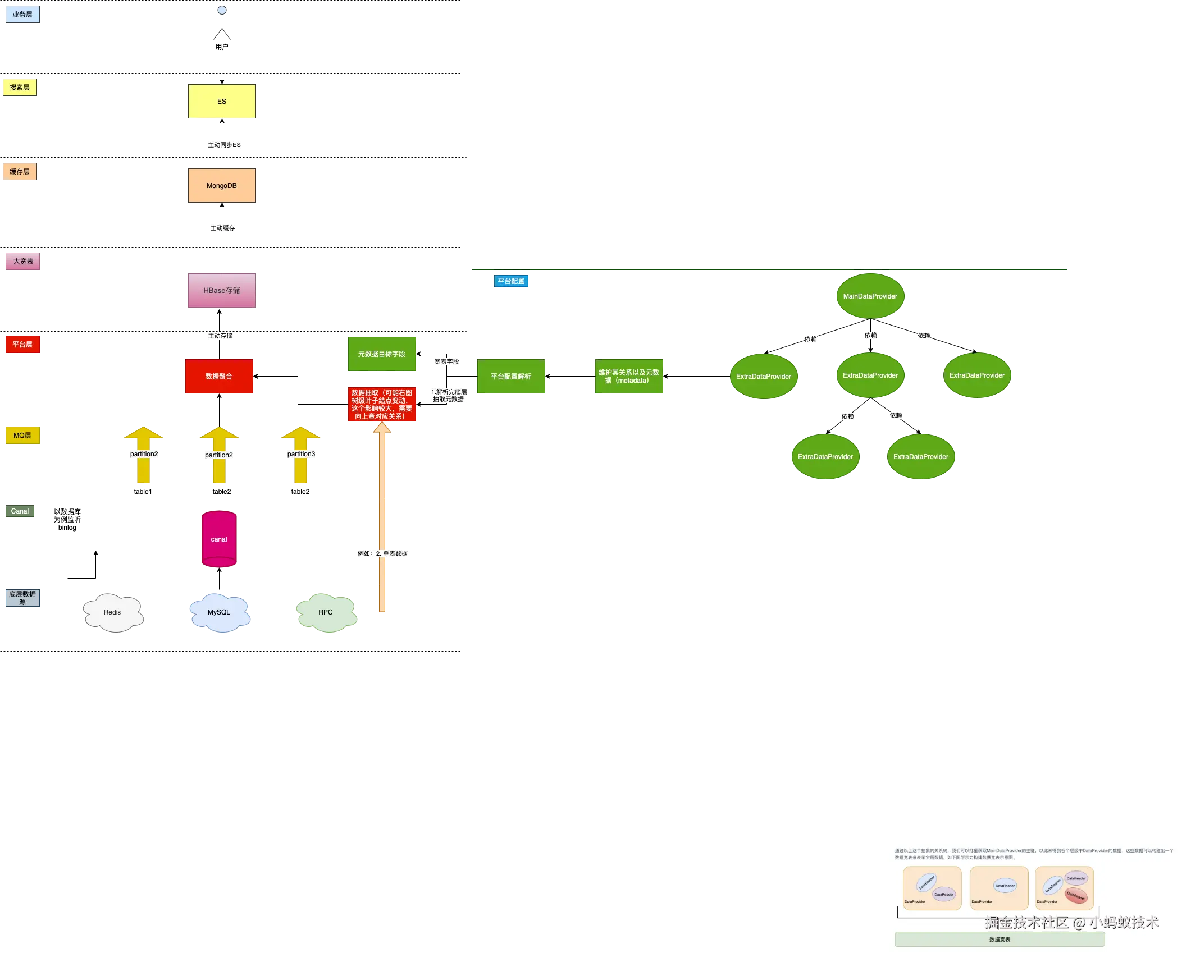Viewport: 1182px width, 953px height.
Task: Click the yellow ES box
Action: tap(221, 102)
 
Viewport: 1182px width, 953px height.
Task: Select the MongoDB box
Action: tap(221, 186)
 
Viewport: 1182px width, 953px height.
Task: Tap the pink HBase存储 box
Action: tap(221, 290)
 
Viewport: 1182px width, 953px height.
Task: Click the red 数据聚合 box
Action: tap(219, 377)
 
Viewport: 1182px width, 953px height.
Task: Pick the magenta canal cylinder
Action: tap(219, 539)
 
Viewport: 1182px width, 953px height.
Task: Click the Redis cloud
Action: tap(112, 612)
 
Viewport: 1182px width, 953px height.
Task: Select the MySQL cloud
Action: tap(219, 612)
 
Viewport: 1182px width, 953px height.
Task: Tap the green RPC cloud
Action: tap(326, 612)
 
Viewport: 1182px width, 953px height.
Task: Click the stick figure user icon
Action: tap(222, 22)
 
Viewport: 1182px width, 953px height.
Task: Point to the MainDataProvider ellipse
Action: tap(870, 296)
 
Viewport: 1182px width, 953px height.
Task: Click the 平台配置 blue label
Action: tap(511, 281)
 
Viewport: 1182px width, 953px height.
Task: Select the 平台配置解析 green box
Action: tap(511, 377)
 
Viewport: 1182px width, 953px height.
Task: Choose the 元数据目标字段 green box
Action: tap(382, 354)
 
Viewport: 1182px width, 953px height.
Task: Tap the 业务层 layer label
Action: tap(22, 15)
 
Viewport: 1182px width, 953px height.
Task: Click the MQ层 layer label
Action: tap(22, 436)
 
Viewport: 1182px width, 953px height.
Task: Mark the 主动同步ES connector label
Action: tap(224, 145)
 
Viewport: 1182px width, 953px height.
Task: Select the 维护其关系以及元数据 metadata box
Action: tap(628, 377)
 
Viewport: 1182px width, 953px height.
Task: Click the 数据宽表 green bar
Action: tap(1000, 939)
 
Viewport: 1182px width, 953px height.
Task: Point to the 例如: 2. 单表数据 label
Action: tap(382, 553)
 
